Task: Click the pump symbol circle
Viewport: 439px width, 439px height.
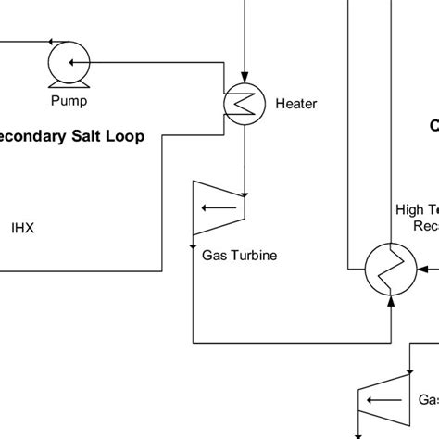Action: point(66,63)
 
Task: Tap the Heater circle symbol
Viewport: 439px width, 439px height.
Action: point(244,105)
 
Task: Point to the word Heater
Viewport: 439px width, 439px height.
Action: point(296,105)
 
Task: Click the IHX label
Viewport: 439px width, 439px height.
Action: point(22,226)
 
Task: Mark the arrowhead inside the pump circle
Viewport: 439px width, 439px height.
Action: point(73,63)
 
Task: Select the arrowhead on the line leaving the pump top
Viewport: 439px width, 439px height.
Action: point(47,42)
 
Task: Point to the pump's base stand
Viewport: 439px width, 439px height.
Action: point(66,83)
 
